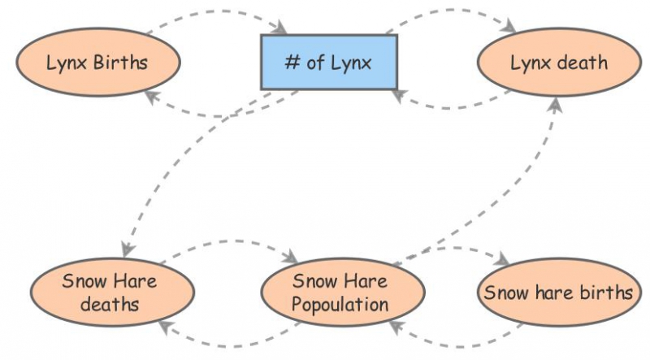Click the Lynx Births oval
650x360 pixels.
point(97,62)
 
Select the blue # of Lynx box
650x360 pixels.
point(328,62)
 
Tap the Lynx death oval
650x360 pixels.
point(558,62)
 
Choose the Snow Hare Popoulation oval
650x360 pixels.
point(341,293)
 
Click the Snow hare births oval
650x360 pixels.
point(558,293)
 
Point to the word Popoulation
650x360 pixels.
point(341,305)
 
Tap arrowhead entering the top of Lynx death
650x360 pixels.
point(513,29)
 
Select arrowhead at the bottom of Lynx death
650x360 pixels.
point(556,102)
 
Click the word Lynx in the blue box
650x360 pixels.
point(351,63)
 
